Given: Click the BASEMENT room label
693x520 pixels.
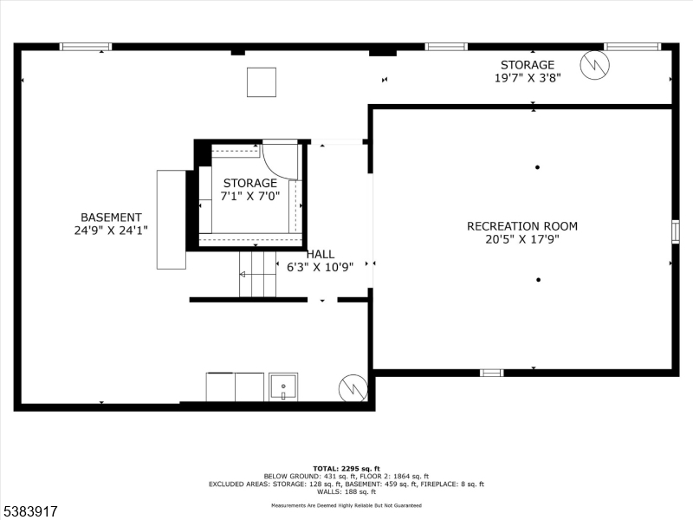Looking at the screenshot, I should point(111,218).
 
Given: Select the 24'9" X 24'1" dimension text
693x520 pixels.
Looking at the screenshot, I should point(111,231).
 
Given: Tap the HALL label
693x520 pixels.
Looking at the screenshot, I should point(320,254).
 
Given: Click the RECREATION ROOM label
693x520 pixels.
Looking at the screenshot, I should point(521,226).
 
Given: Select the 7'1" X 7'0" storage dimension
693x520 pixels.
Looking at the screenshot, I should point(250,196).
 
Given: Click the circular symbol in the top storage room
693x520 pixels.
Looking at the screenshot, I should point(595,65).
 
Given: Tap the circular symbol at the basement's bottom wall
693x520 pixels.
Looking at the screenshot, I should point(353,387).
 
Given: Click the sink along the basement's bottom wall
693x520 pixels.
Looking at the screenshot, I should point(283,387).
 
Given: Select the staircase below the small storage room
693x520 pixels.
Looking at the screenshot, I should point(257,274).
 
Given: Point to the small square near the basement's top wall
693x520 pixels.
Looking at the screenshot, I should point(262,82).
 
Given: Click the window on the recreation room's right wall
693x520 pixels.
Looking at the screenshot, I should point(675,231).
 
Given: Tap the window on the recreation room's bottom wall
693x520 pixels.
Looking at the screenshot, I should point(491,373).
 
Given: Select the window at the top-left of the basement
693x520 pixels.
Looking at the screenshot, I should point(85,47).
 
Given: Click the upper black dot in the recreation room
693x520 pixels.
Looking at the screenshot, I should point(537,167).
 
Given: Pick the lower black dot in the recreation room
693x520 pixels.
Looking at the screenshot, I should point(538,279).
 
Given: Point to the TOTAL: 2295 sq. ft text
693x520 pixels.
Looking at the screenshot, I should point(346,468).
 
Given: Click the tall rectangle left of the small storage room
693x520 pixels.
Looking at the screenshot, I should point(171,219).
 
